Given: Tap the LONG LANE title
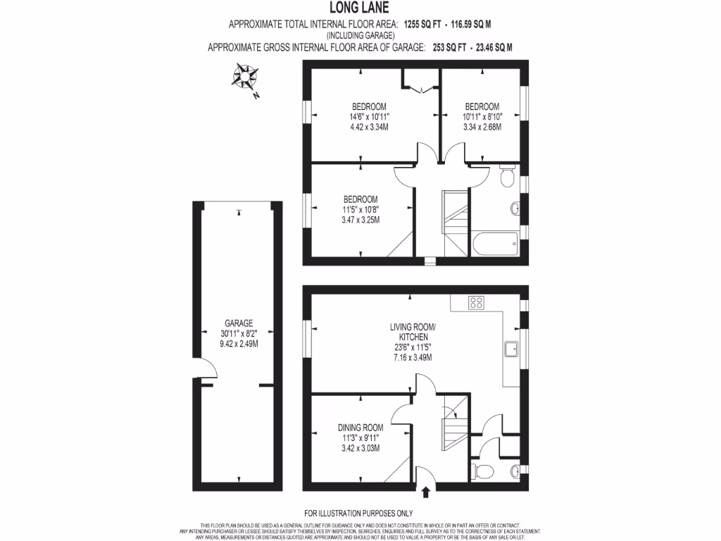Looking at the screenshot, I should click(360, 10).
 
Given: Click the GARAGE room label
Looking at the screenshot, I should click(239, 323).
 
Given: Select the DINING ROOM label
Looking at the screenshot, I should click(360, 428).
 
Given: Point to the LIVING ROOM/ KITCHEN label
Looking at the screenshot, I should click(412, 332).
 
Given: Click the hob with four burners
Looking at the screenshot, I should click(476, 303).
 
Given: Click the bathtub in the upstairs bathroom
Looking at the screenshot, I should click(496, 246).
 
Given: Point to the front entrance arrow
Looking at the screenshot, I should click(427, 492).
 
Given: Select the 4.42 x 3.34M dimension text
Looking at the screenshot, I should click(360, 127).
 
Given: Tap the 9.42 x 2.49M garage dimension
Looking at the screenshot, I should click(239, 344).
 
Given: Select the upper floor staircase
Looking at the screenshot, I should click(454, 222).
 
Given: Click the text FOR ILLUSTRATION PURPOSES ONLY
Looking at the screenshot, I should click(359, 513).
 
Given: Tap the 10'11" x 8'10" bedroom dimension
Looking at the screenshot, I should click(482, 117).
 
